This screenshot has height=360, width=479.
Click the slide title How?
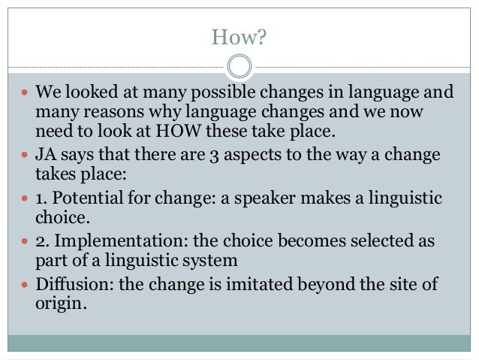(239, 36)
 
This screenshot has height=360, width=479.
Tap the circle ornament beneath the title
(239, 66)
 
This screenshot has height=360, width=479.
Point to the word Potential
(83, 199)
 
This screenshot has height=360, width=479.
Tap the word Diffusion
(68, 285)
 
